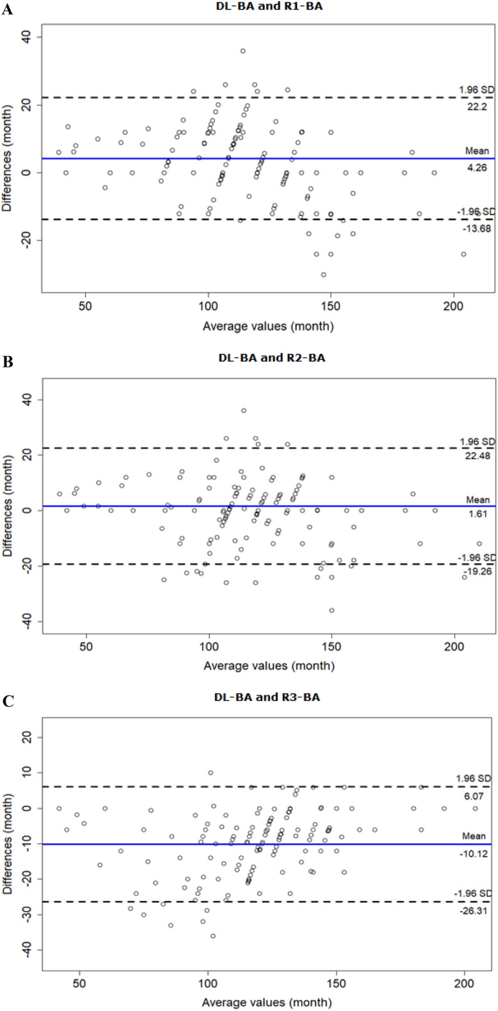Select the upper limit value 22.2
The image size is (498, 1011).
pyautogui.click(x=478, y=107)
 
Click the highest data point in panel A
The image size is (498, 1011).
pyautogui.click(x=243, y=51)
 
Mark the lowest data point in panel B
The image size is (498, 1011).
pyautogui.click(x=332, y=610)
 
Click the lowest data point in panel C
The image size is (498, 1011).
pyautogui.click(x=213, y=935)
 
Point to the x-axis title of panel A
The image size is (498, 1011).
pyautogui.click(x=268, y=326)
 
